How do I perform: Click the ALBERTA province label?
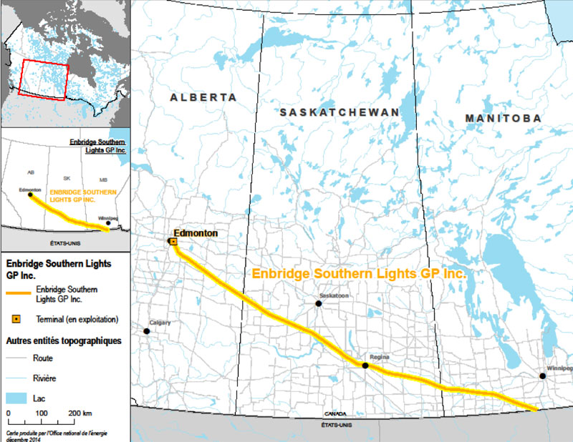pyautogui.click(x=203, y=97)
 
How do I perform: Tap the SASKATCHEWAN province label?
pyautogui.click(x=339, y=112)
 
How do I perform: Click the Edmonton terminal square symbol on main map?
pyautogui.click(x=173, y=242)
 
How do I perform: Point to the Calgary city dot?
pyautogui.click(x=147, y=331)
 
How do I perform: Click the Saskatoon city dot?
pyautogui.click(x=319, y=303)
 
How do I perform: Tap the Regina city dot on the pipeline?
pyautogui.click(x=365, y=365)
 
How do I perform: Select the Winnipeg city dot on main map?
pyautogui.click(x=543, y=375)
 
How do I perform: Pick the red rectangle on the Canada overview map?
pyautogui.click(x=44, y=79)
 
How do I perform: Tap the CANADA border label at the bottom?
pyautogui.click(x=334, y=414)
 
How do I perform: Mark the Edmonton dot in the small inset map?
pyautogui.click(x=29, y=195)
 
